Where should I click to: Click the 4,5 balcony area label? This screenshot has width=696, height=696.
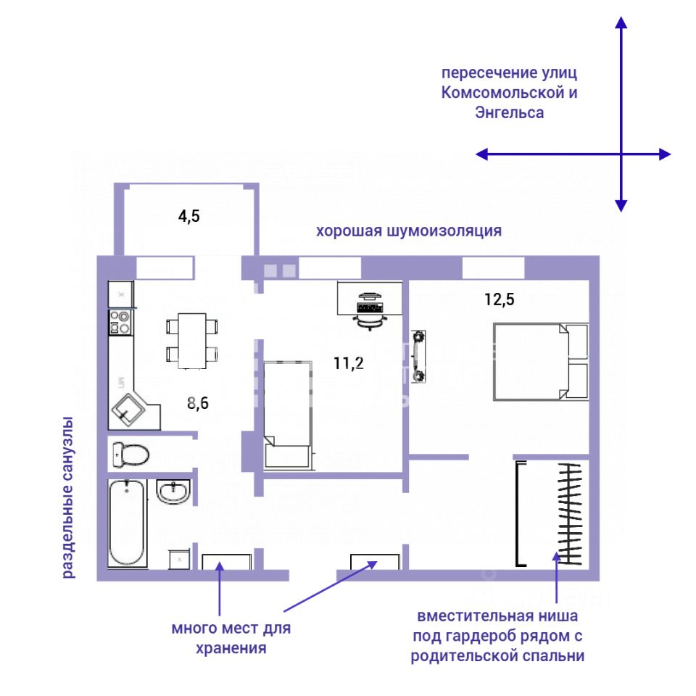pyautogui.click(x=189, y=215)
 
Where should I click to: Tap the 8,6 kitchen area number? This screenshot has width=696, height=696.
pyautogui.click(x=198, y=404)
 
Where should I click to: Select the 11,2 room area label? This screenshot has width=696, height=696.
pyautogui.click(x=349, y=363)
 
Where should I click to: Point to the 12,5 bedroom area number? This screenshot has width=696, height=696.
pyautogui.click(x=500, y=299)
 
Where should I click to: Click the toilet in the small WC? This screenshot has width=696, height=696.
pyautogui.click(x=130, y=455)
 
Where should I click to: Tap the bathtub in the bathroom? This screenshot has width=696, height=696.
pyautogui.click(x=127, y=523)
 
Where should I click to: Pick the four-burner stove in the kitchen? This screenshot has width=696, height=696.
pyautogui.click(x=120, y=322)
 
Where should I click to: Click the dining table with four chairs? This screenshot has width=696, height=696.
pyautogui.click(x=192, y=340)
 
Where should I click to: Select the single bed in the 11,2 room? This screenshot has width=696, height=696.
pyautogui.click(x=288, y=413)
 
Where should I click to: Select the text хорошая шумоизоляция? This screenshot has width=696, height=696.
pyautogui.click(x=409, y=231)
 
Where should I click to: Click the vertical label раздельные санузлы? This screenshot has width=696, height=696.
pyautogui.click(x=67, y=497)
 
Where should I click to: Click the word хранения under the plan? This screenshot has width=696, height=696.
pyautogui.click(x=231, y=648)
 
